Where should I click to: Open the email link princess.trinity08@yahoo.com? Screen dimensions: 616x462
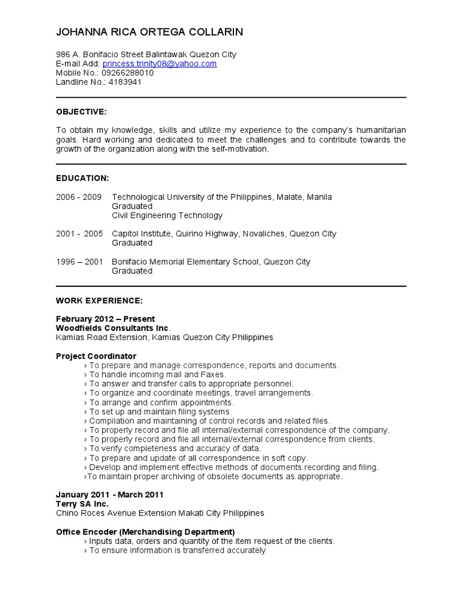(159, 64)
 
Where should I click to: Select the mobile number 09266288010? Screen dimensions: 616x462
(128, 73)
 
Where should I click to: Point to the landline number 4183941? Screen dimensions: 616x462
(125, 82)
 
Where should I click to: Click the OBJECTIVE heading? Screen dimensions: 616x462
(81, 112)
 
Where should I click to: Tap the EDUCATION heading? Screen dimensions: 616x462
(82, 178)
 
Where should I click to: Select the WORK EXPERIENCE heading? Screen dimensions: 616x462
(99, 300)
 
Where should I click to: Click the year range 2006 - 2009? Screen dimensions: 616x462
(79, 197)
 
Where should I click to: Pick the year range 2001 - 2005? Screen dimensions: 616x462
(79, 233)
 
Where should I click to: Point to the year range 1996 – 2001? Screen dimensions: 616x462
(79, 262)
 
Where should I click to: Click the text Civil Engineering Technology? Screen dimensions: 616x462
(167, 215)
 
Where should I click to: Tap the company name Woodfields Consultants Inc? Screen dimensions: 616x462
(113, 328)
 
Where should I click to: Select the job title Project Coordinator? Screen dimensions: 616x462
(96, 356)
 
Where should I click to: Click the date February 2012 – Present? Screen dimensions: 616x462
(105, 319)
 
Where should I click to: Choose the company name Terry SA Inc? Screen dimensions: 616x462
(82, 504)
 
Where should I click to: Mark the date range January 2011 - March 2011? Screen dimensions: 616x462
(109, 494)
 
